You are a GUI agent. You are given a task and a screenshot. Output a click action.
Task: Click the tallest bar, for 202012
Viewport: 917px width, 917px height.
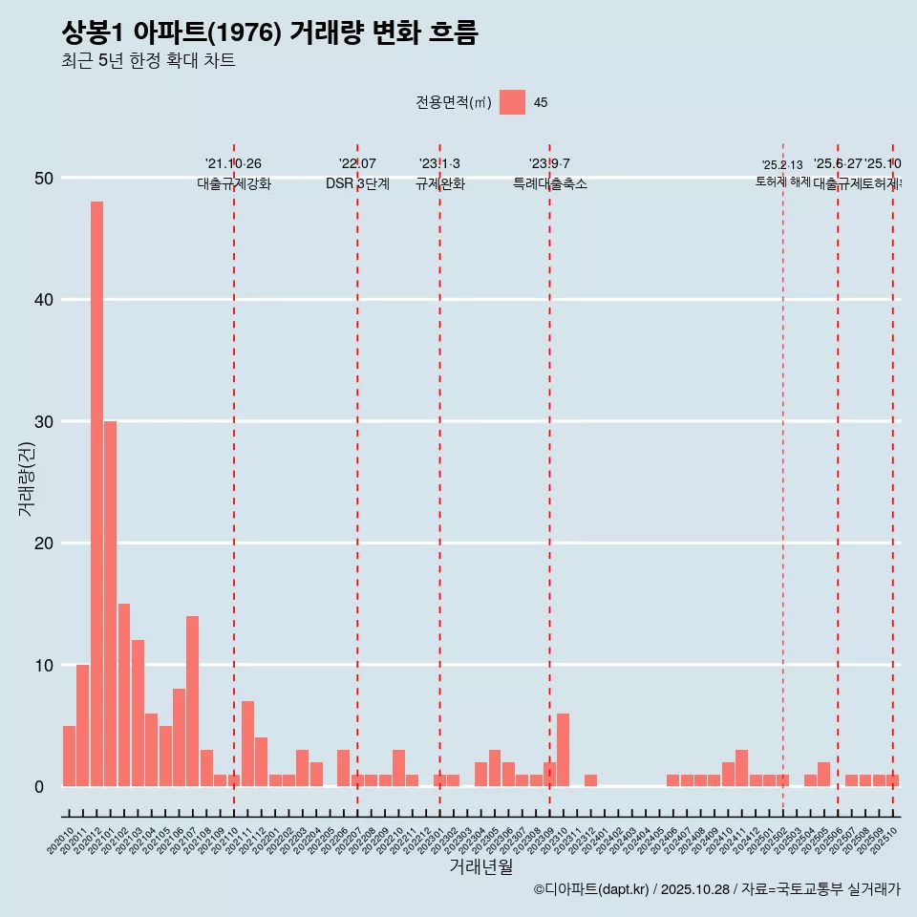(x=96, y=494)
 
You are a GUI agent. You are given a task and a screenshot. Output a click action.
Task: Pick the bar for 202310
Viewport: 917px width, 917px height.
(x=563, y=750)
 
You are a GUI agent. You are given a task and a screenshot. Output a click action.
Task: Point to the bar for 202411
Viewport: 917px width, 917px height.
(x=741, y=768)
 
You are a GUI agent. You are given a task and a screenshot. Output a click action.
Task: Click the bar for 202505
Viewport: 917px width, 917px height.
(x=823, y=775)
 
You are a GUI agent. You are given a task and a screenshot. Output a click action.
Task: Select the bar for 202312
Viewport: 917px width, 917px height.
(x=590, y=780)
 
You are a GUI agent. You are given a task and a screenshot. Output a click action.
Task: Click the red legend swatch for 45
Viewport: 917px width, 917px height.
(x=512, y=102)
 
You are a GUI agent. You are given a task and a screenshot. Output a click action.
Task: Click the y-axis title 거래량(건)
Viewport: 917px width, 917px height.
(x=26, y=479)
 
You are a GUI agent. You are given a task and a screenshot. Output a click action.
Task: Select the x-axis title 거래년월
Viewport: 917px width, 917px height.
(x=481, y=866)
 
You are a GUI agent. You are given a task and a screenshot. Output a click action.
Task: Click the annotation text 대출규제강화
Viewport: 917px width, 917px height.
(x=234, y=183)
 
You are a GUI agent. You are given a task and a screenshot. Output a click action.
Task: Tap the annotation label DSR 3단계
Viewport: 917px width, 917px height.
(x=357, y=183)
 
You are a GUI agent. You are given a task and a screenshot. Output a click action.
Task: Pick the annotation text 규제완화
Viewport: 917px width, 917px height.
(x=439, y=183)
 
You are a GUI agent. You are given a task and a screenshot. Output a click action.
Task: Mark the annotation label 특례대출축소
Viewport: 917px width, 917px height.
(x=549, y=183)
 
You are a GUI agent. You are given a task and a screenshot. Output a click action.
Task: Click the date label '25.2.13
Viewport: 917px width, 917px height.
(x=782, y=165)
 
